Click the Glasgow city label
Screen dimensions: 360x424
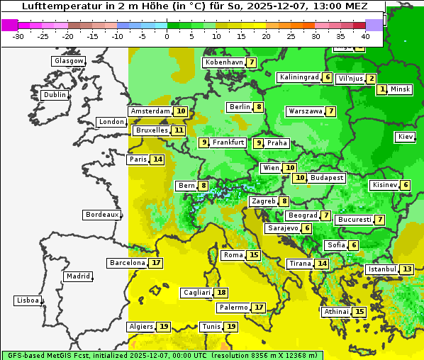point(68,61)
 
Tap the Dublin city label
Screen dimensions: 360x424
point(54,95)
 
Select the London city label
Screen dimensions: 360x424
point(111,122)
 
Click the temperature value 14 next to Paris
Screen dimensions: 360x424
point(157,159)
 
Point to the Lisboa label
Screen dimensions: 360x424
point(27,300)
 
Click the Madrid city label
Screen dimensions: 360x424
point(77,276)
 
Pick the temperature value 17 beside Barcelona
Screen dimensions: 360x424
point(156,263)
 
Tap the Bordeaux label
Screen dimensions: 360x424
point(101,214)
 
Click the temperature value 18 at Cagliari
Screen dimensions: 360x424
point(222,293)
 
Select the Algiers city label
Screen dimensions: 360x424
point(140,327)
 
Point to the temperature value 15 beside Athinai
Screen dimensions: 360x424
point(359,312)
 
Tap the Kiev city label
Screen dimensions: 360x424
point(406,137)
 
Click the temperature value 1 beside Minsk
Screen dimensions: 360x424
point(382,89)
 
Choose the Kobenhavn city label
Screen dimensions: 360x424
point(223,62)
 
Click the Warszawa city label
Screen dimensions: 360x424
point(306,111)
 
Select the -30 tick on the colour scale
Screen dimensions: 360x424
point(18,36)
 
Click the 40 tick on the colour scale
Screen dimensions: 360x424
point(365,36)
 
